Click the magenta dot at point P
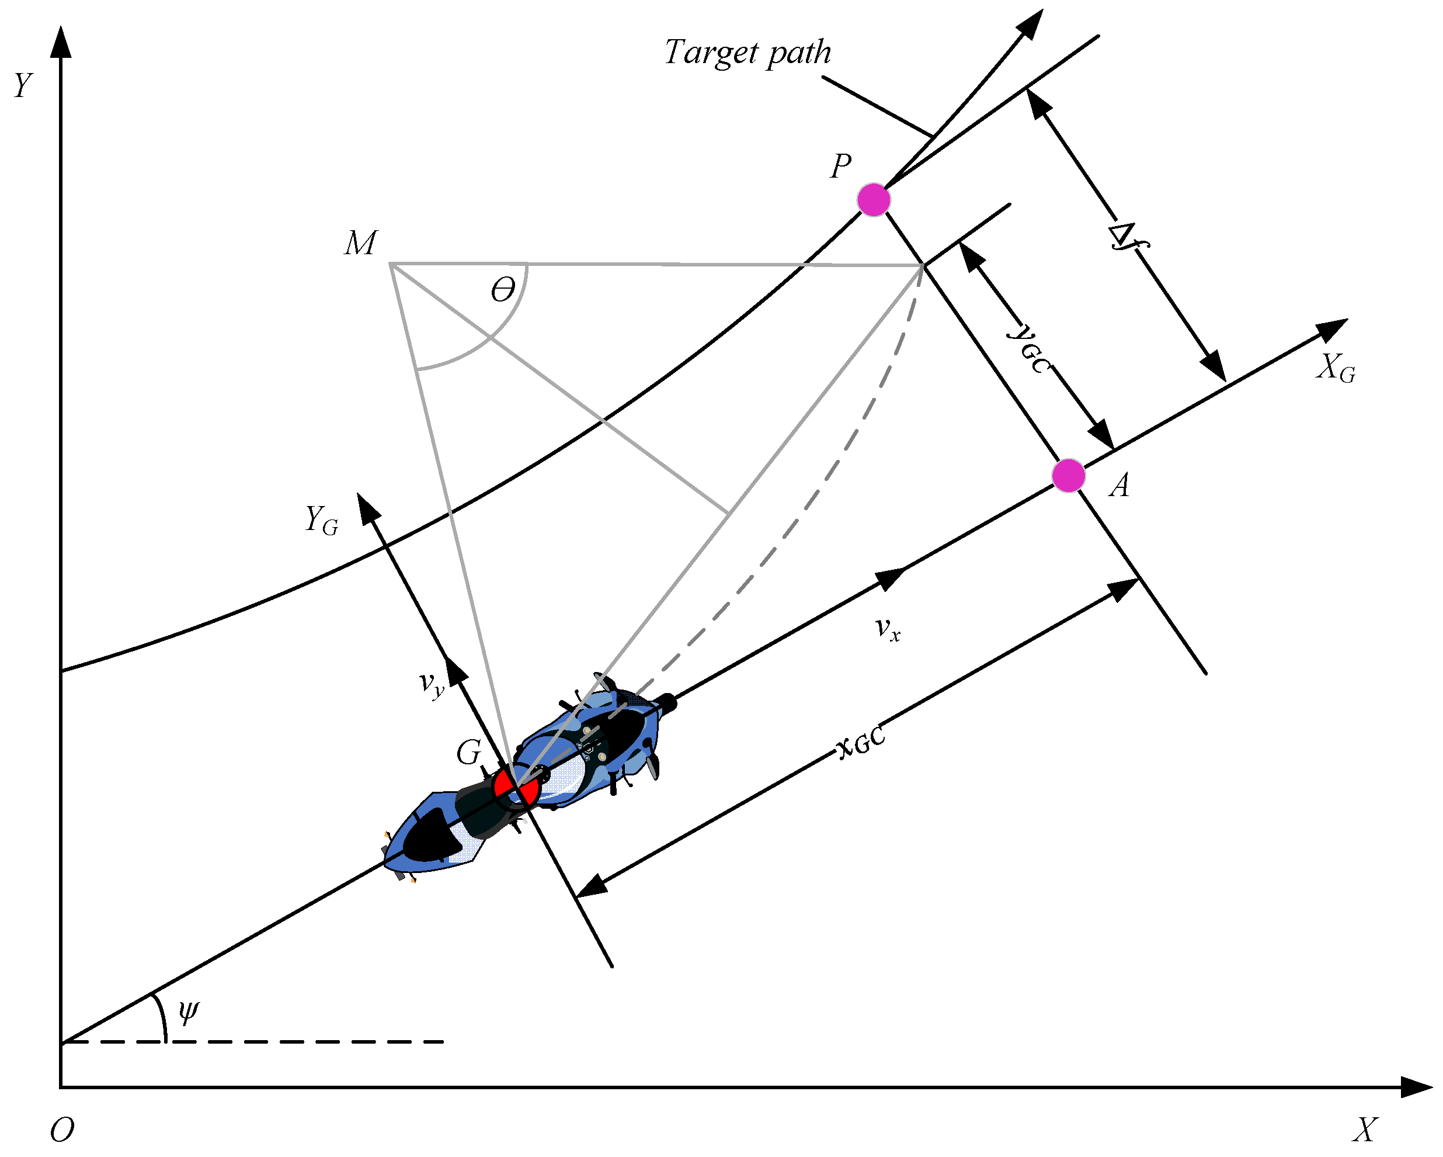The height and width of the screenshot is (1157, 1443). (874, 199)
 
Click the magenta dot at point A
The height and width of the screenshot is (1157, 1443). (1068, 476)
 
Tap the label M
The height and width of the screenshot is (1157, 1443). (361, 243)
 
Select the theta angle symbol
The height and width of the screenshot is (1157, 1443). (503, 290)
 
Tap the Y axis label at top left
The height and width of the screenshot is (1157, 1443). (23, 86)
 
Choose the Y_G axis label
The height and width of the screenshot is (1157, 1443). (321, 519)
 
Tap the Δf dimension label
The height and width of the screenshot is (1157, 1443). (1128, 238)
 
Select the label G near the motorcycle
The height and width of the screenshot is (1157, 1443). (468, 753)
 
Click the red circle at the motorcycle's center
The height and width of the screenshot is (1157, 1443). (515, 789)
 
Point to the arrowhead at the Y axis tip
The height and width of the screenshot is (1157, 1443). (61, 41)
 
